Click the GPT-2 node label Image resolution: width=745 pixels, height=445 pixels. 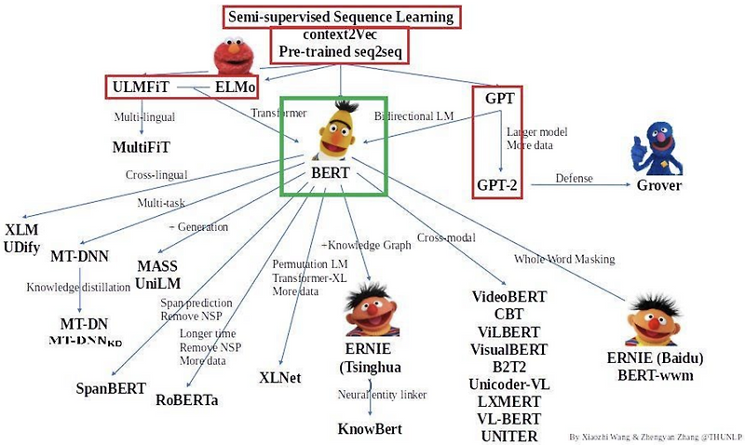(x=497, y=185)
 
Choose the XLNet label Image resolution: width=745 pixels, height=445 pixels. (x=278, y=378)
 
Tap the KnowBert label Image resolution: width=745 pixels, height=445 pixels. (x=369, y=428)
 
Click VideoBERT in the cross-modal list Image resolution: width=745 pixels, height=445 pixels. (x=508, y=297)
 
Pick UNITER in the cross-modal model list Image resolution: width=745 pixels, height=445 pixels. (x=508, y=435)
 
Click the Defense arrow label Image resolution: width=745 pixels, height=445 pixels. (x=575, y=178)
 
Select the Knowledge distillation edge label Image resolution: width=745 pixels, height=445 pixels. (x=78, y=288)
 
